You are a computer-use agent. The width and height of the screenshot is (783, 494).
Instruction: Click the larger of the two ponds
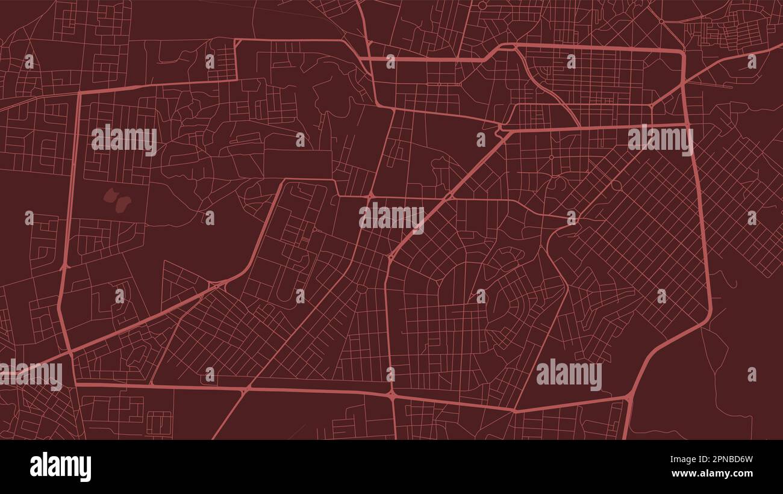coord(123,204)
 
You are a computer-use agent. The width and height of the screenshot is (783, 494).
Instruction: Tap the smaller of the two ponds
coord(110,194)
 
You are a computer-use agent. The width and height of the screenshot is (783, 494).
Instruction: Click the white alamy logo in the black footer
coord(60,467)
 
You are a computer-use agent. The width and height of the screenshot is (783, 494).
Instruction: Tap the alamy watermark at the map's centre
coord(391,217)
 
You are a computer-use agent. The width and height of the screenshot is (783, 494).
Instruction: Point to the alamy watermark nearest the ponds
coord(124,140)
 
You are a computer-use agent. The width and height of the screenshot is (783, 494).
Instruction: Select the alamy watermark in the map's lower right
coord(569,375)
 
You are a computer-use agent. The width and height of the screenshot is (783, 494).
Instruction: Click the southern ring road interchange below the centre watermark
coord(391,395)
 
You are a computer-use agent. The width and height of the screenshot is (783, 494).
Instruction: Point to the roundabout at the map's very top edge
coord(482,5)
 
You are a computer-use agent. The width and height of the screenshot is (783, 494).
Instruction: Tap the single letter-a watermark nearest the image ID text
coord(752,374)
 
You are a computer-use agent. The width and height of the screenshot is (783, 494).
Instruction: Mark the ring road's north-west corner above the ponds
coord(80,93)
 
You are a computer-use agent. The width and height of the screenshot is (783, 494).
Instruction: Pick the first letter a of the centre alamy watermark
coord(365,217)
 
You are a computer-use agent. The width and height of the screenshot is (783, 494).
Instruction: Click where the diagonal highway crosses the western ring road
coord(70,353)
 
